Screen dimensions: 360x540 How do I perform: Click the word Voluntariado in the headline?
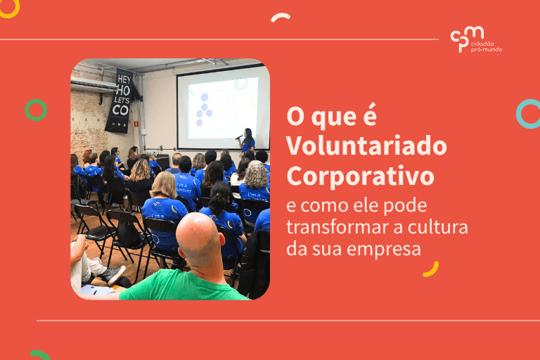click(x=366, y=146)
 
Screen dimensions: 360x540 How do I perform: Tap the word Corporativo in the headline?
click(x=361, y=175)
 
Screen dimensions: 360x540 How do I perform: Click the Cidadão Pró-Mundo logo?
click(x=476, y=39)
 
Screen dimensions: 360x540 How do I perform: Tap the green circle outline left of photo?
click(x=36, y=110)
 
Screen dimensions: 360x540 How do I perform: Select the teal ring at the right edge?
click(x=529, y=114)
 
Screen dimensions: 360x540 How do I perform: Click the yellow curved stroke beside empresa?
click(x=430, y=269)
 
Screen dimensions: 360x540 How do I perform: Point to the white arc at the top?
click(x=281, y=17)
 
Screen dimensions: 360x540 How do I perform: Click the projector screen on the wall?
click(x=221, y=106)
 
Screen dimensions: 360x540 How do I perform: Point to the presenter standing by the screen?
click(x=247, y=140)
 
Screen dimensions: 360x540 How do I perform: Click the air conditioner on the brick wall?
click(x=93, y=84)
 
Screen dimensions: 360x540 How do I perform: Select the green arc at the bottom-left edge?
click(x=39, y=354)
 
